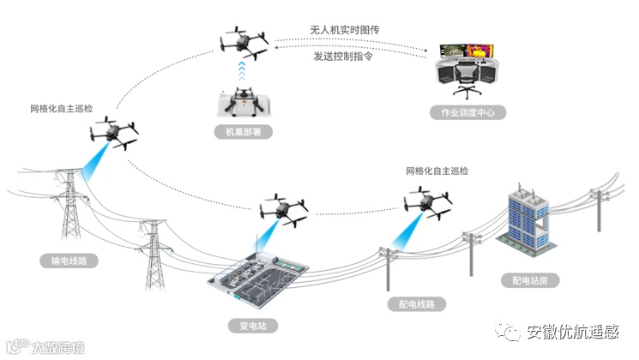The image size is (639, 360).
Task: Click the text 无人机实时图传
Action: (x=344, y=30)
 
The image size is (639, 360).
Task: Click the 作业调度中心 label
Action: (x=468, y=113)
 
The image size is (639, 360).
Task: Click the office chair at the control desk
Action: (x=466, y=82)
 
